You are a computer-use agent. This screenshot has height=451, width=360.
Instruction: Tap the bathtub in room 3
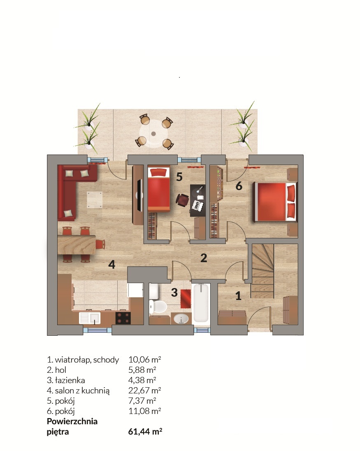pos(201,303)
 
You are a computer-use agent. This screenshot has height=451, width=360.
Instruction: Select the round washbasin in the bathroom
pos(181,318)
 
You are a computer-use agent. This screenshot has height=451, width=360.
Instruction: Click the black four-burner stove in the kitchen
pos(123,318)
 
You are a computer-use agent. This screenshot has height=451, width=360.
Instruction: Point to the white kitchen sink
pos(90,318)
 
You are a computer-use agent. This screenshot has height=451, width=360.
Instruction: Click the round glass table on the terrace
pos(153,133)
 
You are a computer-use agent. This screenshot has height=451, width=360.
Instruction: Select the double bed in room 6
pos(274,202)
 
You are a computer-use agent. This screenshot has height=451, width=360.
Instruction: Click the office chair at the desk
pos(183,200)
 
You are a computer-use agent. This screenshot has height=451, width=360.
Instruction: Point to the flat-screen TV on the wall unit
pos(139,195)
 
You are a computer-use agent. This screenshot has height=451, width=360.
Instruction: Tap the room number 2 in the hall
pos(204,258)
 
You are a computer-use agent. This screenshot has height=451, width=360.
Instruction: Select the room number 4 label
pos(112,264)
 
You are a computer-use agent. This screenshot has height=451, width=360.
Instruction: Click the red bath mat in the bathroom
pos(186,298)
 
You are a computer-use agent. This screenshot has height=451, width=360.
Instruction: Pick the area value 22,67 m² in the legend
pos(145,391)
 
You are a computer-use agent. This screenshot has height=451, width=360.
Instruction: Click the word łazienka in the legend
pos(70,380)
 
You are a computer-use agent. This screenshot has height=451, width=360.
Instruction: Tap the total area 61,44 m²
pos(145,431)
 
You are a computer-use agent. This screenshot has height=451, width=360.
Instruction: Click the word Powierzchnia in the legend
pos(72,421)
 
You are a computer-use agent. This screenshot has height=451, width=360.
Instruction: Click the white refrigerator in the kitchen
pos(136,290)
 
